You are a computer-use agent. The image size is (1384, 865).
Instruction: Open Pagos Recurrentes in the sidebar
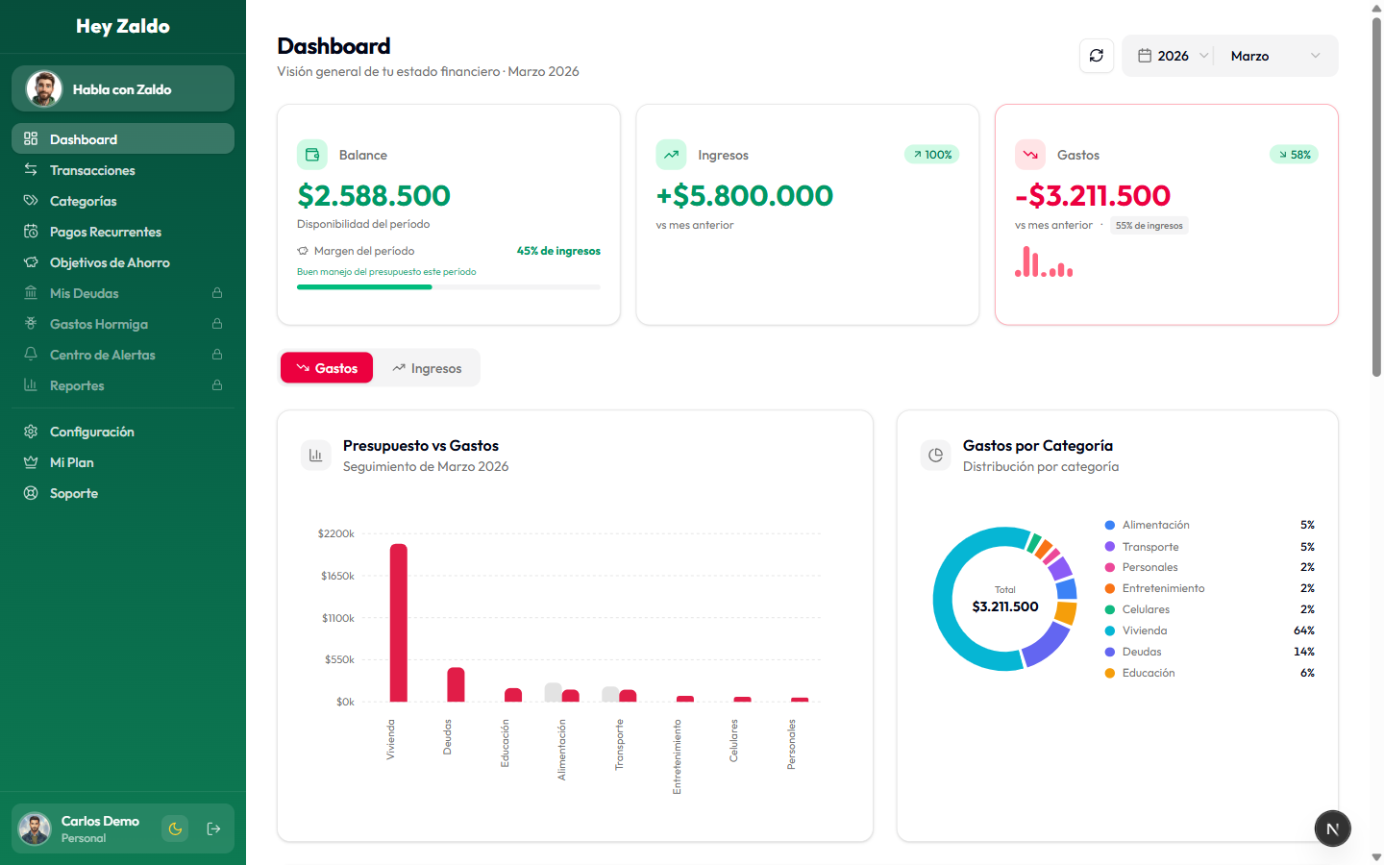(x=105, y=232)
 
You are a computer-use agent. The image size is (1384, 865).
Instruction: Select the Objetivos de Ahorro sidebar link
(x=110, y=262)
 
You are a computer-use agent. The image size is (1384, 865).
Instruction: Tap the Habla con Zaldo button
(x=123, y=89)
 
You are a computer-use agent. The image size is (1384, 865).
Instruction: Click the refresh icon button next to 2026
(x=1097, y=56)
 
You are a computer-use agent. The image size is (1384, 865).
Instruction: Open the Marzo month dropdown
(x=1274, y=56)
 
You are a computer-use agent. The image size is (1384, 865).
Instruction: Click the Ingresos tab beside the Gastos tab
(x=427, y=368)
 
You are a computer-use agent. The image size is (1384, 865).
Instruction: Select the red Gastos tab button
(x=327, y=368)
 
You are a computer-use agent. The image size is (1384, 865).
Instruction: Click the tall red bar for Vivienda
(x=398, y=623)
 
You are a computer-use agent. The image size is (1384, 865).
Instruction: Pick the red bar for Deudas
(x=456, y=684)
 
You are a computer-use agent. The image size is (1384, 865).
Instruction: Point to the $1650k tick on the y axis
(x=337, y=576)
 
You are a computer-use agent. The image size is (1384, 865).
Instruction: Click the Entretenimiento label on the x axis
(x=677, y=756)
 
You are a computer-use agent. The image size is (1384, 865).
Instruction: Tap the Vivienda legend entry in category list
(x=1144, y=630)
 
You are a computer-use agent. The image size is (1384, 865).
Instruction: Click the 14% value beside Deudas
(x=1303, y=652)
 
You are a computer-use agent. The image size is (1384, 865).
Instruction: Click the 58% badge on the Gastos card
(x=1294, y=155)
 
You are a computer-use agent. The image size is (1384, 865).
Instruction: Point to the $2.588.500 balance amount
(x=374, y=196)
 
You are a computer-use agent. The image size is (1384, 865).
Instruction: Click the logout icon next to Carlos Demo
(x=213, y=828)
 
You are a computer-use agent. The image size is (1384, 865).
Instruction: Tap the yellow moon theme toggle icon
(x=175, y=828)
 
